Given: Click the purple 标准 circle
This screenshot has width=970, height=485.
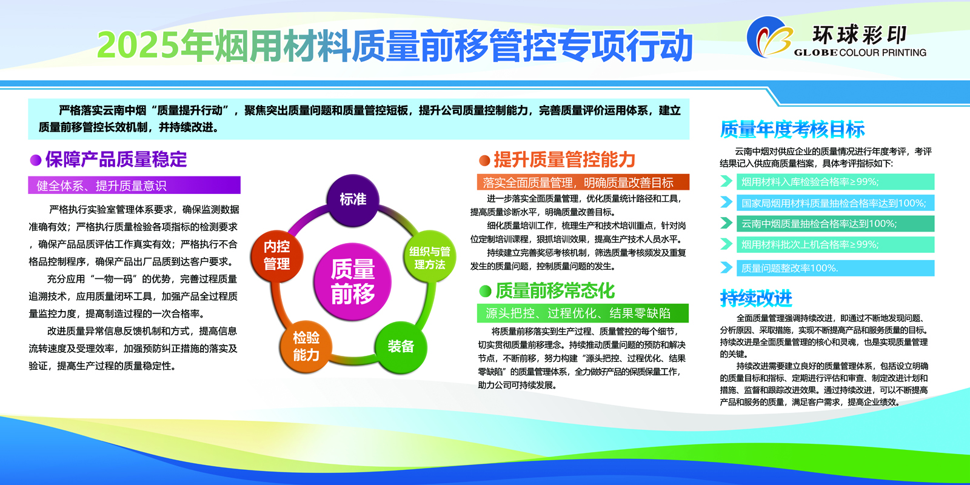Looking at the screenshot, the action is (x=352, y=200).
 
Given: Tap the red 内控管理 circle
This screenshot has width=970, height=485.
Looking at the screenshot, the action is (x=276, y=256).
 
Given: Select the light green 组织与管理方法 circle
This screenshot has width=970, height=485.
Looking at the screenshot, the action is (x=430, y=256).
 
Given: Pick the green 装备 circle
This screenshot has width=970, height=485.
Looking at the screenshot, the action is (x=401, y=347).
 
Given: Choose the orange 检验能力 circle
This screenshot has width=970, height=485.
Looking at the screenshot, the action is (x=306, y=346).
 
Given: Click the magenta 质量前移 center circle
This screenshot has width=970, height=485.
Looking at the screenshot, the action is (x=352, y=281).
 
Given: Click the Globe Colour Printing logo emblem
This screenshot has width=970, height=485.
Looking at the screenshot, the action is (x=769, y=37).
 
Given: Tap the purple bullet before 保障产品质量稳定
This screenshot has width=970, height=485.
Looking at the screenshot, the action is (x=36, y=160).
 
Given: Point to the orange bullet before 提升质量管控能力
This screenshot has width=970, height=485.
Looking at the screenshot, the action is (x=484, y=161).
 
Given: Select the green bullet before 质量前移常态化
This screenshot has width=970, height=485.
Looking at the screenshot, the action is (x=486, y=292).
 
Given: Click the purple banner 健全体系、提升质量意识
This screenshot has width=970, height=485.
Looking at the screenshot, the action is (x=134, y=186).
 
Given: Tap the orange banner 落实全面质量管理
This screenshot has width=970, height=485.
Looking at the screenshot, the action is (x=583, y=182).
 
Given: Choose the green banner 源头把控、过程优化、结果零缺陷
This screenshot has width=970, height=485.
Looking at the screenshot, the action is (x=583, y=313).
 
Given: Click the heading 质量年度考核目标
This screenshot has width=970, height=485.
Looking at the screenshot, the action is (x=792, y=129).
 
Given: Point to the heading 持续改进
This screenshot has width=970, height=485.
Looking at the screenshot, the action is (x=756, y=298).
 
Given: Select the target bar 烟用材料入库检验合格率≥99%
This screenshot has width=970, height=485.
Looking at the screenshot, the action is (x=835, y=182).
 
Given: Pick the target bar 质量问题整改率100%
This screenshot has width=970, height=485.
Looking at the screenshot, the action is (x=835, y=268).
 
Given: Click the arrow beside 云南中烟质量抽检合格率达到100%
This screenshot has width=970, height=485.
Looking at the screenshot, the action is (x=726, y=224).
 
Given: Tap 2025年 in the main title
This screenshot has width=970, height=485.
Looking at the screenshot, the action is (x=138, y=45).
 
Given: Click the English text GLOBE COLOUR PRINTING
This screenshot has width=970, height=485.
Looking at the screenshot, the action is (x=860, y=53).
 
